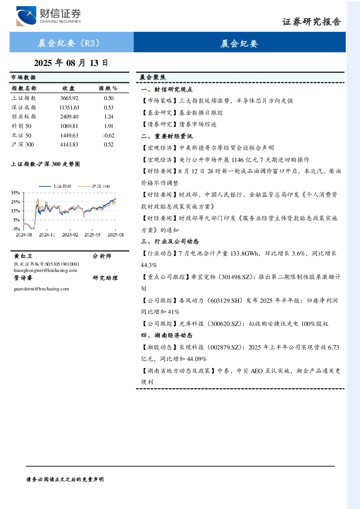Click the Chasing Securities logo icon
(x=26, y=16)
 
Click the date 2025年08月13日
(x=71, y=63)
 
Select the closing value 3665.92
(x=69, y=98)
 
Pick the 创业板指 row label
(x=24, y=117)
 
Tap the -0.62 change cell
(x=109, y=136)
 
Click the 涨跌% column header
(x=108, y=88)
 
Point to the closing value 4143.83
(x=69, y=145)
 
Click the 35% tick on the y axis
(x=16, y=193)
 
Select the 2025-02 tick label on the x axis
(x=70, y=235)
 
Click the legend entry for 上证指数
(x=55, y=186)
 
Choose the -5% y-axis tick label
(x=16, y=229)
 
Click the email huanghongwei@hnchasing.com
(x=45, y=270)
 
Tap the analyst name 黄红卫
(x=23, y=256)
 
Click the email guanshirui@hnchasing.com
(x=41, y=289)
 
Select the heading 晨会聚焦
(x=153, y=77)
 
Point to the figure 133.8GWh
(x=244, y=253)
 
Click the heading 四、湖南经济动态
(x=167, y=335)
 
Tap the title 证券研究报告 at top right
(x=311, y=22)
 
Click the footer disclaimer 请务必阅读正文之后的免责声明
(x=65, y=480)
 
